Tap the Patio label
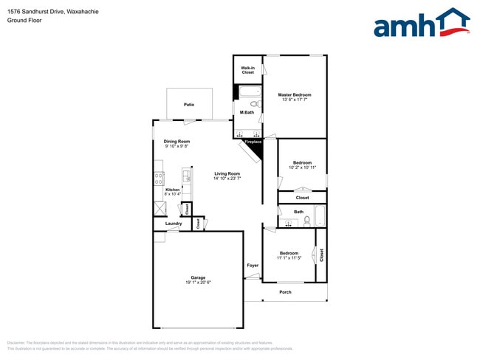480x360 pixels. click(x=190, y=105)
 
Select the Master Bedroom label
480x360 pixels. click(x=294, y=95)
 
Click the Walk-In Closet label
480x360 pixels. click(x=247, y=70)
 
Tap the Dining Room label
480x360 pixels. click(x=176, y=141)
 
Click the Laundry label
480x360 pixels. click(x=174, y=224)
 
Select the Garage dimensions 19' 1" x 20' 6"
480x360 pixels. click(x=198, y=283)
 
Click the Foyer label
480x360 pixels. click(x=253, y=265)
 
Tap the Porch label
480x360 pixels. click(x=285, y=292)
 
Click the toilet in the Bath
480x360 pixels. click(x=306, y=221)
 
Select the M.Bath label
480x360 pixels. click(x=247, y=112)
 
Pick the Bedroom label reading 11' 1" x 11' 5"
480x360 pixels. click(x=288, y=253)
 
